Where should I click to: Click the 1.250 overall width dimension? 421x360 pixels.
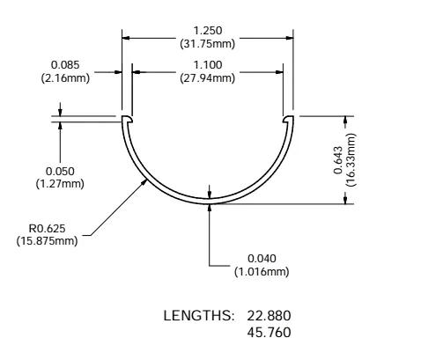click(207, 29)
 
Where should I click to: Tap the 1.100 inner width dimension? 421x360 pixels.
click(207, 65)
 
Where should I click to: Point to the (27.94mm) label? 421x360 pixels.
click(207, 77)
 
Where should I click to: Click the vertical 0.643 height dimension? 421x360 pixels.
click(339, 159)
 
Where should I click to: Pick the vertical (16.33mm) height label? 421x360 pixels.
click(351, 159)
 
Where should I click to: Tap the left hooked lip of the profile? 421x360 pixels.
click(127, 120)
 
